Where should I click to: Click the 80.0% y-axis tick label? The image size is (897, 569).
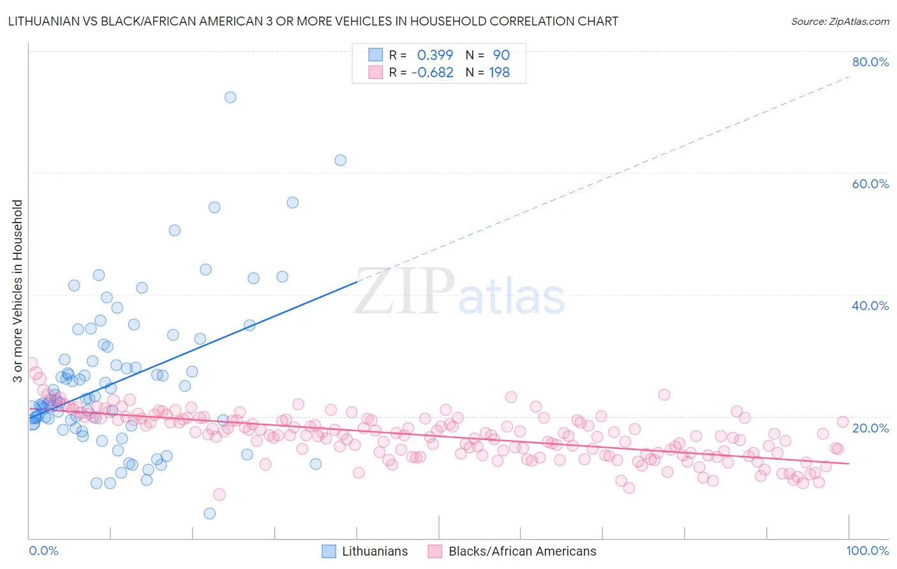tap(870, 62)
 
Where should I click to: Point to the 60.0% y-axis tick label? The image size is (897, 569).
tap(870, 184)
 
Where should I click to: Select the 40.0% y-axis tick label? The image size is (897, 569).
tap(870, 306)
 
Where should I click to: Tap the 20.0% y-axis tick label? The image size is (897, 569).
tap(870, 427)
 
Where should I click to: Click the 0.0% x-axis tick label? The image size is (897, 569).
tap(43, 551)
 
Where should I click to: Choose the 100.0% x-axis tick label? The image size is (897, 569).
tap(867, 551)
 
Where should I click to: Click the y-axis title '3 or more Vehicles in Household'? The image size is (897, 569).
tap(18, 291)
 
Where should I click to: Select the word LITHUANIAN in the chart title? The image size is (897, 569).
tap(43, 21)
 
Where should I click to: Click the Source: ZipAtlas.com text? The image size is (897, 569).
tap(840, 21)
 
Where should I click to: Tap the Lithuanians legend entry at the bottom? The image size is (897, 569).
tap(364, 551)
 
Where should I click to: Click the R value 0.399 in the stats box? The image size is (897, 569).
tap(435, 55)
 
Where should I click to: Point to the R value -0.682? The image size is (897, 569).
tap(432, 72)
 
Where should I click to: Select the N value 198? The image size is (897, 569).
tap(499, 72)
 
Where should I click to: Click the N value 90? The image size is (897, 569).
tap(501, 55)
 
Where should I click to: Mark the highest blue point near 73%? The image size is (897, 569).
tap(230, 97)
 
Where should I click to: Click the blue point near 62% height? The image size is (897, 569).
tap(341, 160)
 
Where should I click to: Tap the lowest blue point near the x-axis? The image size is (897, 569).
tap(209, 514)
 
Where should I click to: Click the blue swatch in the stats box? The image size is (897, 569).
tap(376, 55)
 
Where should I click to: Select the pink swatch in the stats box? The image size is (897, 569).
tap(376, 72)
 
